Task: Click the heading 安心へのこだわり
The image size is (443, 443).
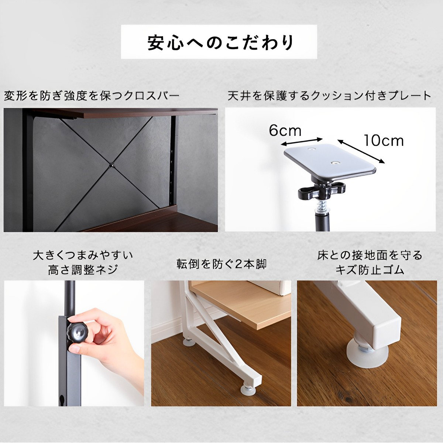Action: click(220, 42)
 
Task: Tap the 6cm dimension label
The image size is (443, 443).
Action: click(285, 131)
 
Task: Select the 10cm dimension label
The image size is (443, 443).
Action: click(383, 140)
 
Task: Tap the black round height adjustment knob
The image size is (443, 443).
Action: click(78, 333)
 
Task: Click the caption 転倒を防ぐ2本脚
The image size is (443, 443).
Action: click(221, 264)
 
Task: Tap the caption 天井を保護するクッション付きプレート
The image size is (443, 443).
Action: click(329, 96)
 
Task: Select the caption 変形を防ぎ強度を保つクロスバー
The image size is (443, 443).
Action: click(91, 96)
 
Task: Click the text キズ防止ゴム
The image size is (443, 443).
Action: click(370, 270)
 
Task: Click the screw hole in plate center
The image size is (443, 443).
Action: click(335, 162)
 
